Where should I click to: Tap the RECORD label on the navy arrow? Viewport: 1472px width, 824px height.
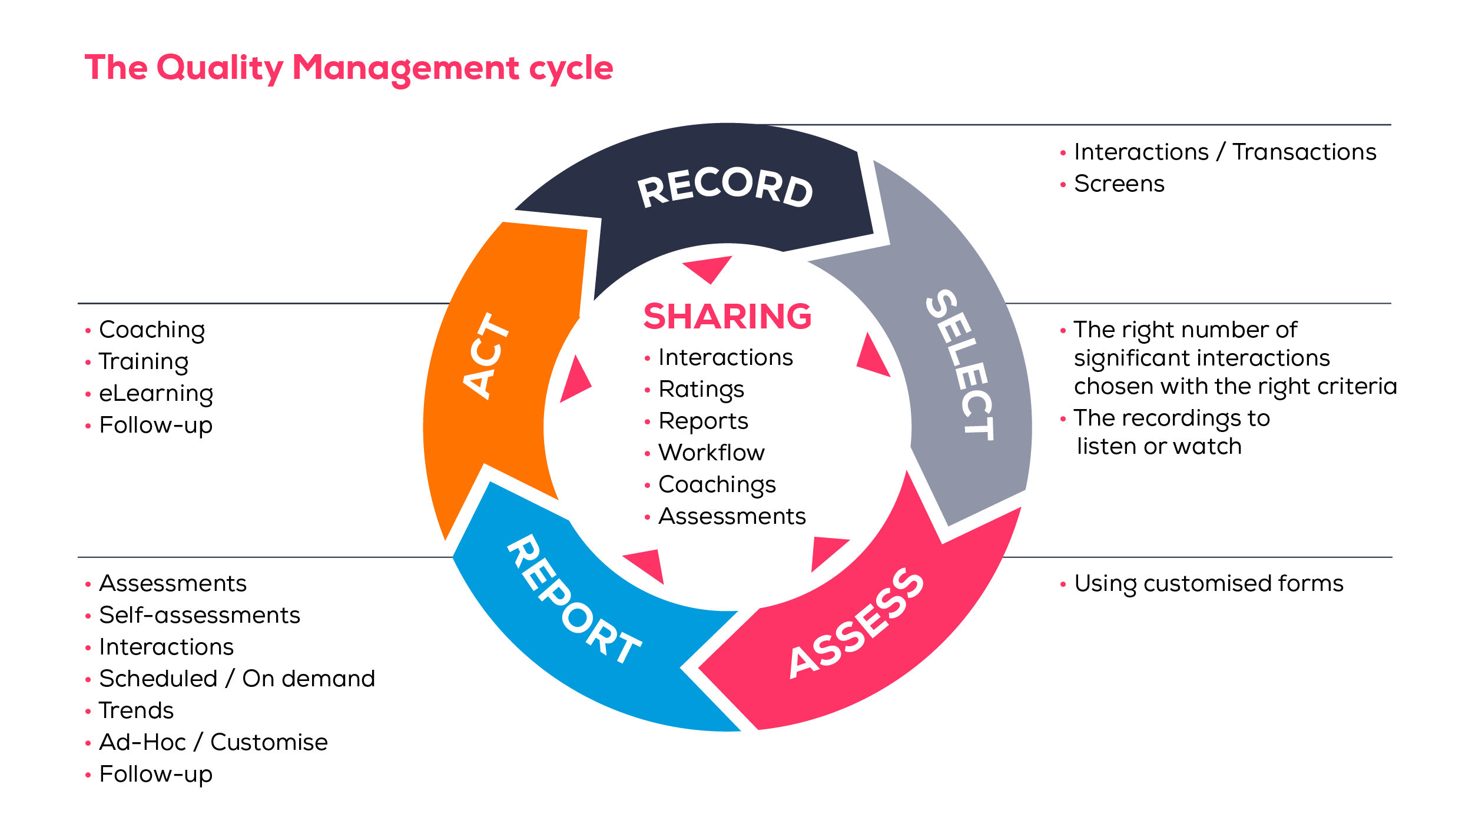pos(725,187)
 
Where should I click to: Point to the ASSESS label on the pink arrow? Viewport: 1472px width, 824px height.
pos(857,624)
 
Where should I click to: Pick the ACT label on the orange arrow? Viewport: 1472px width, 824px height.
pos(486,356)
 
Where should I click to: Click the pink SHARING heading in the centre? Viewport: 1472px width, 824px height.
pos(727,317)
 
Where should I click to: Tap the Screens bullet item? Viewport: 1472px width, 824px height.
pos(1119,184)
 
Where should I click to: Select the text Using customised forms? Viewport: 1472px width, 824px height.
pos(1208,584)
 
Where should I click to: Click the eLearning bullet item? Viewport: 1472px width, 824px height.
pos(155,394)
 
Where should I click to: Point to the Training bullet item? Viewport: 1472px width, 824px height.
pos(143,362)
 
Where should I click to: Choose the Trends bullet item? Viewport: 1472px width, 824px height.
pos(136,711)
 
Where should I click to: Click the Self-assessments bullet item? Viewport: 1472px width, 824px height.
pos(200,616)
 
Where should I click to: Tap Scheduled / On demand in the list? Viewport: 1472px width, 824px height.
pos(237,679)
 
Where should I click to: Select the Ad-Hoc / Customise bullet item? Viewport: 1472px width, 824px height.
pos(213,743)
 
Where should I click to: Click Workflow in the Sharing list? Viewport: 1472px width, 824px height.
pos(711,453)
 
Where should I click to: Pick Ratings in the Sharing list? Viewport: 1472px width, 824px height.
pos(701,390)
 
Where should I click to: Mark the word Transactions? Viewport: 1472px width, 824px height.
pos(1304,152)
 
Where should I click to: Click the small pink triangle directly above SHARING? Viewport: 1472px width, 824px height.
pos(708,268)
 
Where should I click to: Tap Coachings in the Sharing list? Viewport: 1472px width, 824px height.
pos(717,485)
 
